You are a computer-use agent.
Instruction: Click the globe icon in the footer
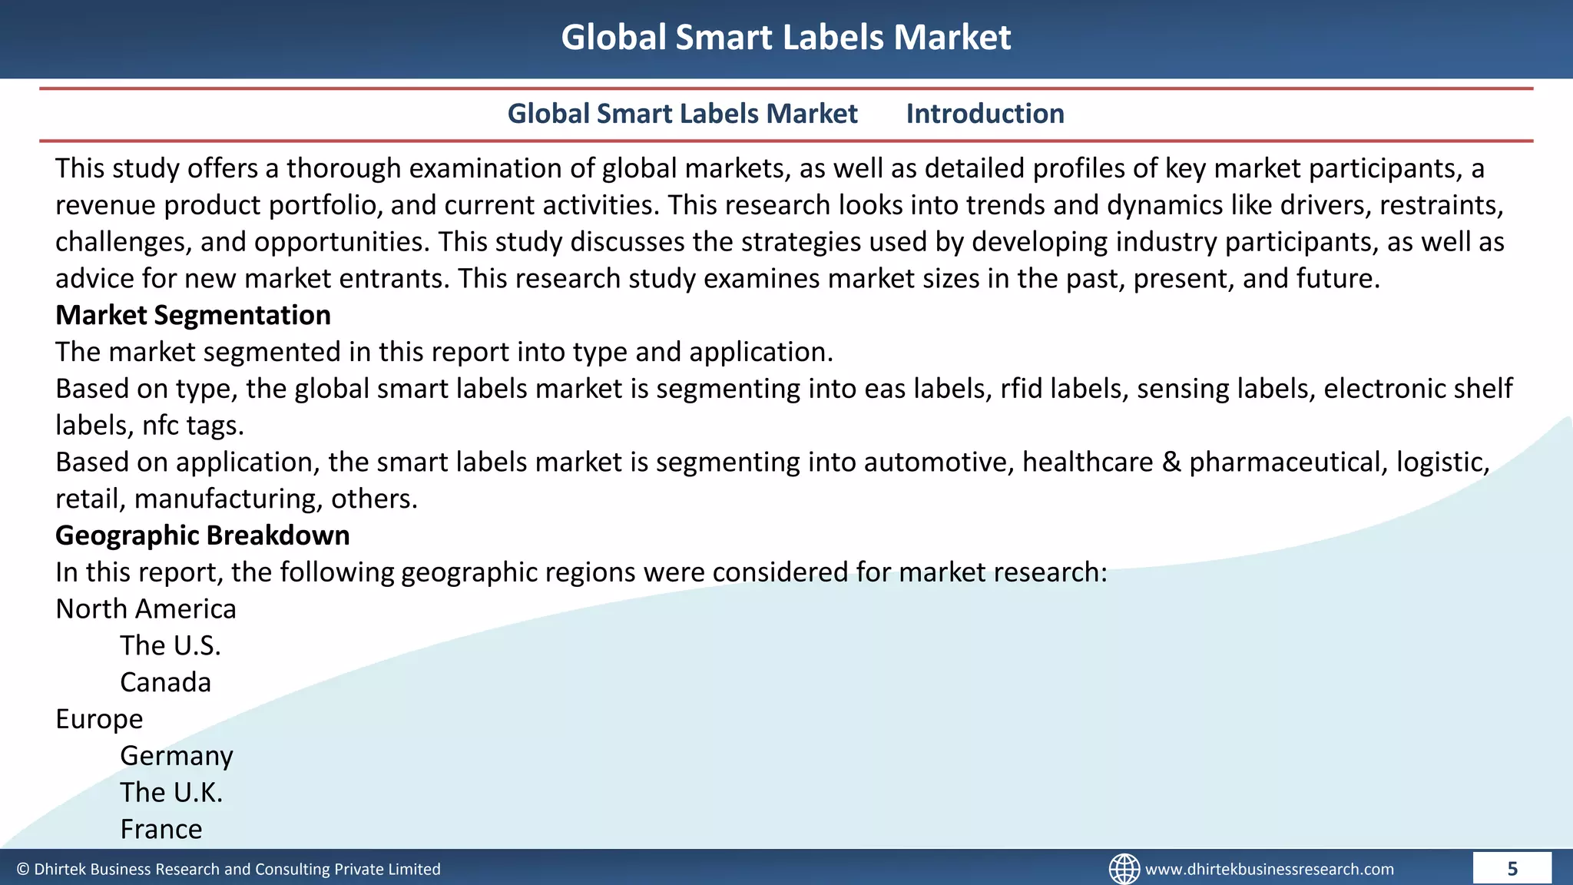[1124, 869]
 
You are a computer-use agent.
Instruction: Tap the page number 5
[1512, 869]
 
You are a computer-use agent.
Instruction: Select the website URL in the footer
[1269, 869]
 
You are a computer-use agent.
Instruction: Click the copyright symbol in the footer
[23, 870]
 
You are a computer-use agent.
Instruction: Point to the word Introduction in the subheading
[985, 114]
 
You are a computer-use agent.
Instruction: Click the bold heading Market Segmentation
[193, 315]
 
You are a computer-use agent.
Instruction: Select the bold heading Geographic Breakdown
[202, 535]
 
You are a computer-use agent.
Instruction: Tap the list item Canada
[165, 682]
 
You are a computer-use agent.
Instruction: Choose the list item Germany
[176, 756]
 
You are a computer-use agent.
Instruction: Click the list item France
[161, 830]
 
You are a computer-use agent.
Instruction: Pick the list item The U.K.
[171, 793]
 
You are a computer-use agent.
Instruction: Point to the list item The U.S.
[170, 645]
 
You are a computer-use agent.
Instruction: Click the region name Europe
[99, 719]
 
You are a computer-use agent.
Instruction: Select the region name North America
[146, 609]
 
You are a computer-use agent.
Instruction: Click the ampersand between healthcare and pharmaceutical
[1171, 462]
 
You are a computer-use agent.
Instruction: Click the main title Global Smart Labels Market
[786, 37]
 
